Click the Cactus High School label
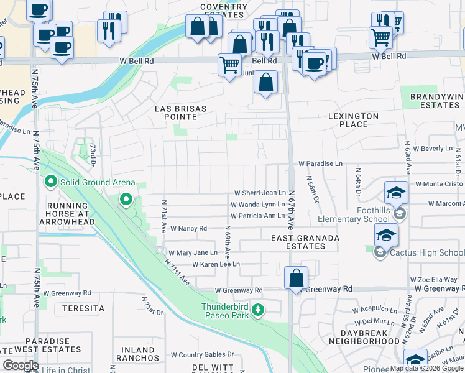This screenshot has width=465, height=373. point(426,252)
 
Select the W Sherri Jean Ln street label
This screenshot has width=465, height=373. point(260,193)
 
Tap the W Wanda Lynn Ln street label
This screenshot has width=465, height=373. point(257,204)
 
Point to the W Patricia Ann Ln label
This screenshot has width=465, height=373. point(257,216)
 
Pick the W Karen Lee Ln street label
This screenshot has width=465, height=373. point(216,264)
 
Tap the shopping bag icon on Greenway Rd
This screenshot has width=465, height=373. point(297,277)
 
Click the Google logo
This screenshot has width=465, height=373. point(21,366)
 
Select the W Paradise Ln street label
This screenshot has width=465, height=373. point(320,163)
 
